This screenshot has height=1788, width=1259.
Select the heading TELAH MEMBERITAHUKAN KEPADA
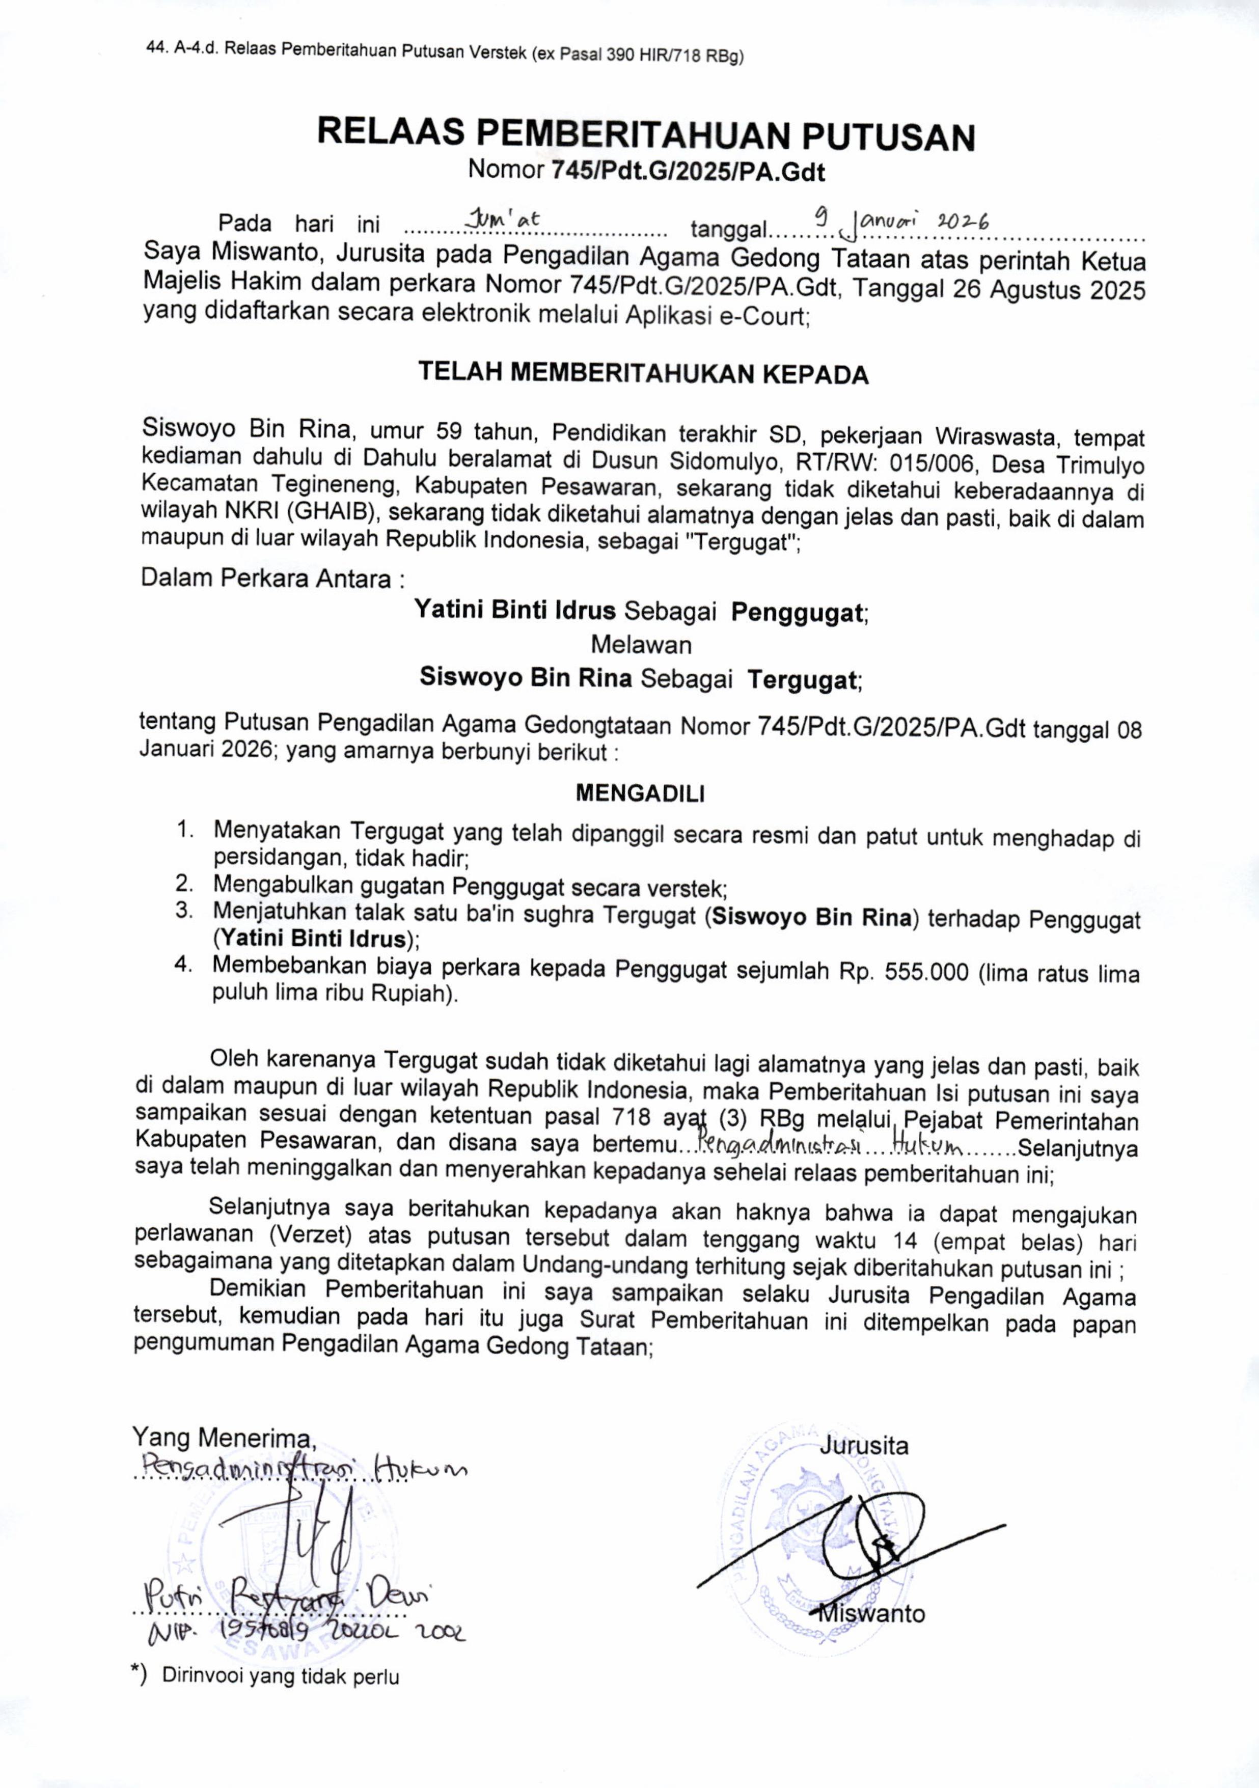tap(643, 374)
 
